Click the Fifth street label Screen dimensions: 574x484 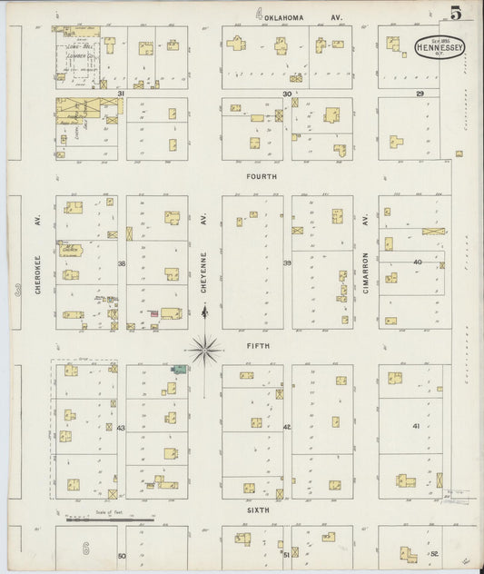click(260, 345)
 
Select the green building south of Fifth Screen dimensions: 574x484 click(181, 370)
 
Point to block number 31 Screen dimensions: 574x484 click(119, 94)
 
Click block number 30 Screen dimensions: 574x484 click(286, 94)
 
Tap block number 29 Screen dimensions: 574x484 click(420, 94)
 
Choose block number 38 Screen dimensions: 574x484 click(120, 263)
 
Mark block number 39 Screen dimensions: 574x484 click(286, 263)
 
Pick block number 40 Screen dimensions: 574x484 click(418, 262)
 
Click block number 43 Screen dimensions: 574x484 click(120, 428)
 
